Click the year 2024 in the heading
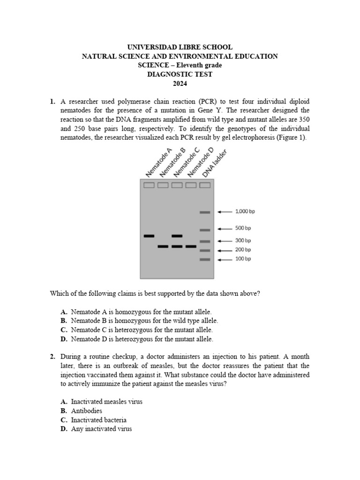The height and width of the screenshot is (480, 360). coord(180,83)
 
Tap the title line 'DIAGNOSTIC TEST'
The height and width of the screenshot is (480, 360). coord(180,74)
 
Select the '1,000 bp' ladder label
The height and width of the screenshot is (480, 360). coord(245,211)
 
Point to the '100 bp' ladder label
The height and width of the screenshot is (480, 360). coord(243,259)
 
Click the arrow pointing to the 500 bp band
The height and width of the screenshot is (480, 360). coord(225,229)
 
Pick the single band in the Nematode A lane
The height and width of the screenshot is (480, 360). coord(149,236)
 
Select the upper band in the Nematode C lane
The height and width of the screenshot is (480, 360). coord(177,236)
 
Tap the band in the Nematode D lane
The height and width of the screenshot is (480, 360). coord(191,246)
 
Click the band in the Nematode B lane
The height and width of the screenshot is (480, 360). coord(163,246)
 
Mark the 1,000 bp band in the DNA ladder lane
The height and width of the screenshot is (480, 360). coord(205,212)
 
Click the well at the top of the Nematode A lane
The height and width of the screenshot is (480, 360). coord(149,185)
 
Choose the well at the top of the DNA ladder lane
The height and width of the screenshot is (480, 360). coord(205,185)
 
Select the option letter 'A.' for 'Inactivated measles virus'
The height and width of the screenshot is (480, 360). coord(64,402)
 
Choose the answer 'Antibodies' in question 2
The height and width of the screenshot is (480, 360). coord(86,411)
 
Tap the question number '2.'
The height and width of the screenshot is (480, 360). coord(53,357)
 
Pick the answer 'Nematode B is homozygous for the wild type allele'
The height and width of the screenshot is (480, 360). coord(144,321)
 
